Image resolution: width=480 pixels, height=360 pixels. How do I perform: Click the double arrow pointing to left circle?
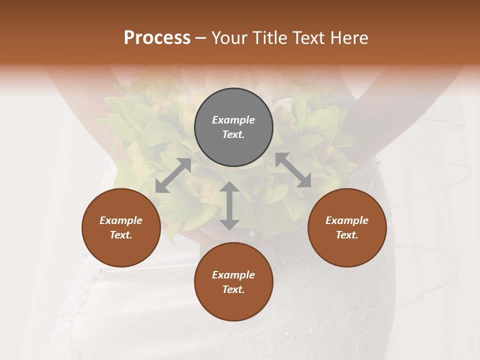point(173,175)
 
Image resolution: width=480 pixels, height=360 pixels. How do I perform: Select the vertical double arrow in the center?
point(229,205)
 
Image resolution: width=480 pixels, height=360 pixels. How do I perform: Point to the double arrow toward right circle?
point(293,170)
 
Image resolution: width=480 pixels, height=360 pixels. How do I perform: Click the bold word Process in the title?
point(157,38)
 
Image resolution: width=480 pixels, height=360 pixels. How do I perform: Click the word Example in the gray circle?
point(233,120)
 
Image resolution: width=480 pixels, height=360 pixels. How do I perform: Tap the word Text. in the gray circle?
point(233,134)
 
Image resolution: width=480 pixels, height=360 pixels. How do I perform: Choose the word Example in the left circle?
point(121,220)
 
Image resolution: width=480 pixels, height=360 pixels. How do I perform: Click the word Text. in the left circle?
point(121,235)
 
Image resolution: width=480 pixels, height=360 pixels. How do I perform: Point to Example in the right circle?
point(347,220)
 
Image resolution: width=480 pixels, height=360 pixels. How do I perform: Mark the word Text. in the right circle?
point(347,235)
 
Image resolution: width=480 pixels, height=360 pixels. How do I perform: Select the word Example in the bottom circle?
point(233,275)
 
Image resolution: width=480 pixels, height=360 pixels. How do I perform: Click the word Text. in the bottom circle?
point(233,289)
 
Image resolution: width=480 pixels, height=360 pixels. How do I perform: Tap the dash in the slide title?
point(201,38)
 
